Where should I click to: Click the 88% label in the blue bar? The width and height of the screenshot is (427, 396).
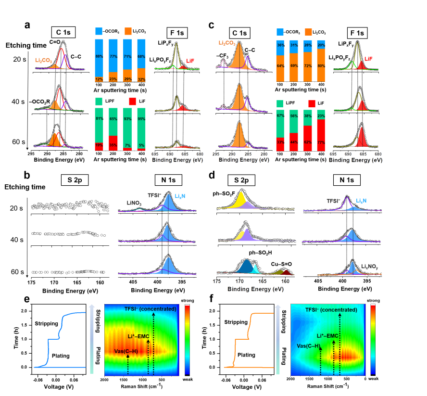click(x=99, y=57)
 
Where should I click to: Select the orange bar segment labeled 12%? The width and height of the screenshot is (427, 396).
click(x=99, y=79)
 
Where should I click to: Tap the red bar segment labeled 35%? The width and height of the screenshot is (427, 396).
click(x=113, y=143)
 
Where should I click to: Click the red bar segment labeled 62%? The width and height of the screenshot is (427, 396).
click(x=307, y=139)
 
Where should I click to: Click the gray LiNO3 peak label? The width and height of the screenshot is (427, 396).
click(x=134, y=204)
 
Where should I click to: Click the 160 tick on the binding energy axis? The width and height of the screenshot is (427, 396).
click(x=286, y=281)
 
